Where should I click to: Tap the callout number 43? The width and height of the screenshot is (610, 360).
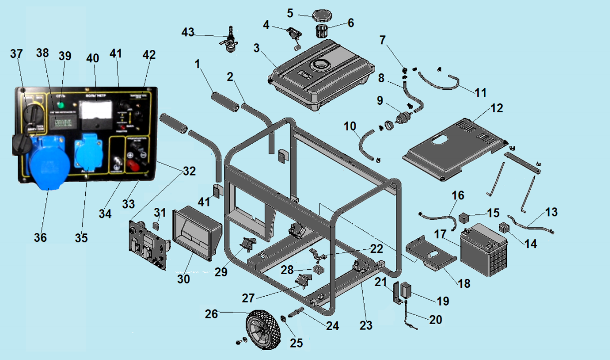tap(188, 32)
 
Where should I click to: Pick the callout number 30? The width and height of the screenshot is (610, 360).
tap(184, 279)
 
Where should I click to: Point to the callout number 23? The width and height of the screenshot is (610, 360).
tap(366, 326)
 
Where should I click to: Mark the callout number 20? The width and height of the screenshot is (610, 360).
tap(435, 320)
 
